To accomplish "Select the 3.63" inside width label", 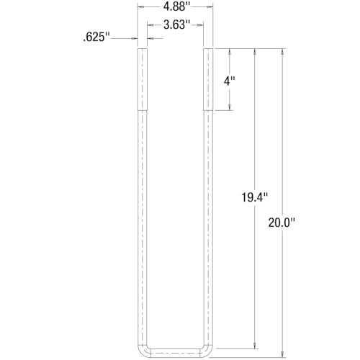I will (176, 24).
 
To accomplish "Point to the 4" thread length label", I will (230, 81).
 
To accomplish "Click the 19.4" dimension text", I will (254, 197).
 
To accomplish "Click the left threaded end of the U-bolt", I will (143, 79).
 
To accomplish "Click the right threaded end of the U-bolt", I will (209, 79).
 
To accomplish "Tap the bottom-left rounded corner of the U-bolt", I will (146, 348).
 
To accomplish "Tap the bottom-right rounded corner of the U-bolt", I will (205, 348).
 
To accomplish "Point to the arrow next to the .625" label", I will (132, 39).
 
